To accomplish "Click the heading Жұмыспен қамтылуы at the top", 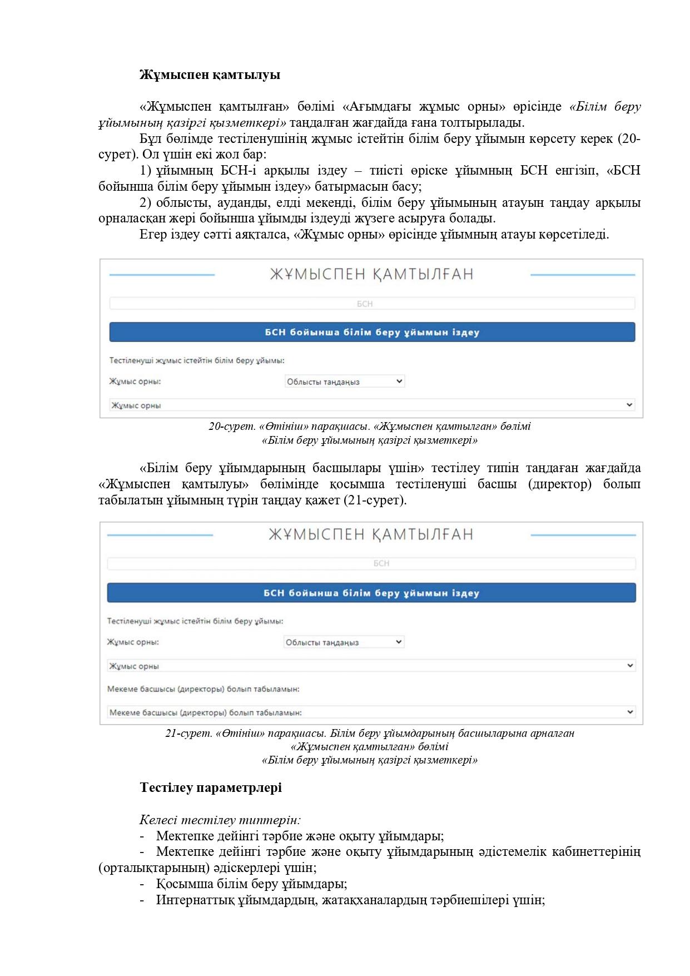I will (210, 75).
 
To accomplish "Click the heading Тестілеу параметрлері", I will (211, 787).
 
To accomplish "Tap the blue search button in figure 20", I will (372, 332).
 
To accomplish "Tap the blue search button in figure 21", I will (371, 593).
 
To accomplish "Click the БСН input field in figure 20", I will (372, 304).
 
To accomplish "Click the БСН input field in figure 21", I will (371, 563).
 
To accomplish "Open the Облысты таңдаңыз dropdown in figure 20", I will (344, 382).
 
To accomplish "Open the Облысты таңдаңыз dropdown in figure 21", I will (344, 642).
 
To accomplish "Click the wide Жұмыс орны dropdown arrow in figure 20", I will (629, 405).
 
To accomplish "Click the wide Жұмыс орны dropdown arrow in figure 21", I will (630, 666).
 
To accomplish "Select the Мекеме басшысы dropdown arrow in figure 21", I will (630, 712).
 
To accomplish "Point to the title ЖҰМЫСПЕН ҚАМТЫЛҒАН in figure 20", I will (371, 274).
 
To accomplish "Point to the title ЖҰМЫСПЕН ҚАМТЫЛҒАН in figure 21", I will (371, 534).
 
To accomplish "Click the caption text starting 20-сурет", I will (370, 427).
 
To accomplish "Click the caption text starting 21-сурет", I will (370, 733).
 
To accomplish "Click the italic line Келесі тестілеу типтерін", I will (220, 820).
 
